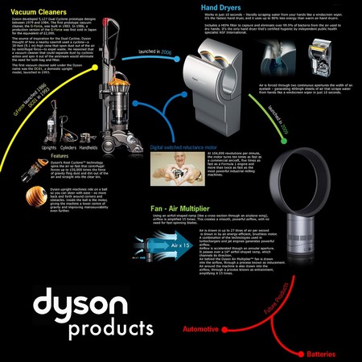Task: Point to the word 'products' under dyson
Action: point(112,329)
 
